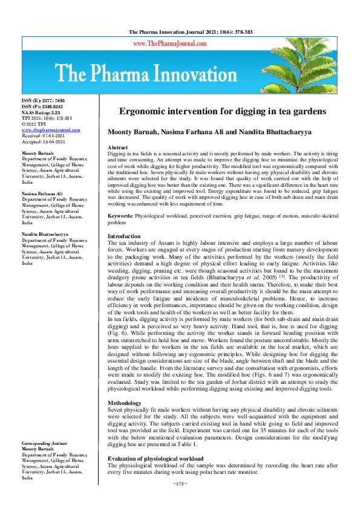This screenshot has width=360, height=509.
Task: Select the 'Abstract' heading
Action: click(117, 148)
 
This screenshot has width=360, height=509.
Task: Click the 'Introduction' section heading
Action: click(124, 236)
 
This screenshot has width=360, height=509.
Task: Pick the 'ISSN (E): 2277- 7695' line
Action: click(43, 101)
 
